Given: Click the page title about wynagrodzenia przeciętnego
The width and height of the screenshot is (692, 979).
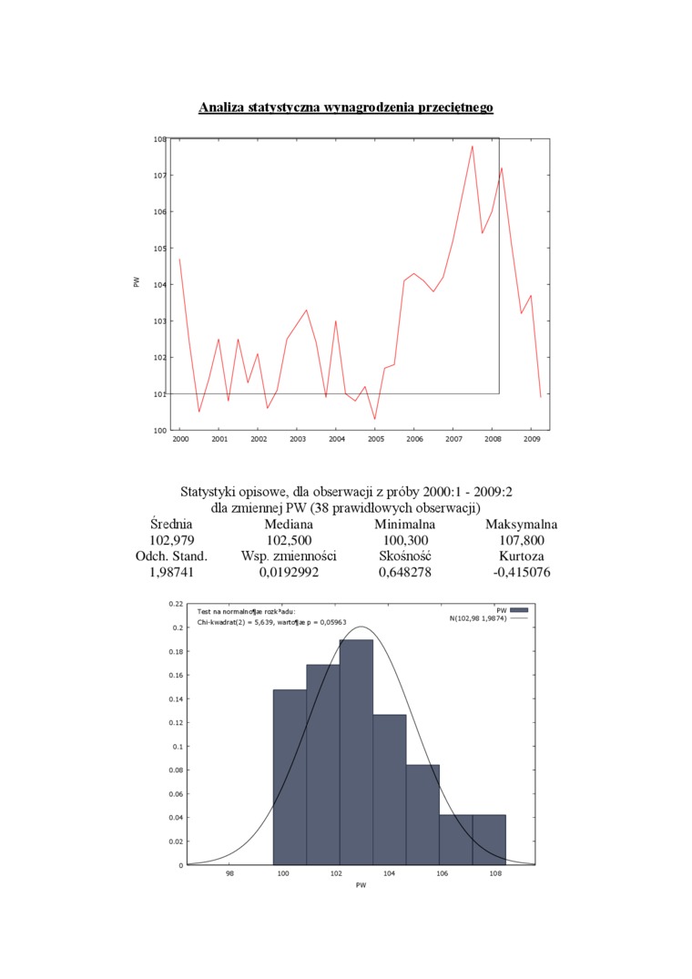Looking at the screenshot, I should point(346,107).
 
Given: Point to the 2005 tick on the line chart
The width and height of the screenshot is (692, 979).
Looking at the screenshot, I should point(375,439).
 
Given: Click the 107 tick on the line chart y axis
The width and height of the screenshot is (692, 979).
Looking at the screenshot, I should point(159,175).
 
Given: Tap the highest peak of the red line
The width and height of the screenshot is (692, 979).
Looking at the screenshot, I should point(473,146).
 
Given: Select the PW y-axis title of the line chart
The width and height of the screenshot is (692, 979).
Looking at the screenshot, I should point(137,284).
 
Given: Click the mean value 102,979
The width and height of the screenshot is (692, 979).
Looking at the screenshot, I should point(171,540).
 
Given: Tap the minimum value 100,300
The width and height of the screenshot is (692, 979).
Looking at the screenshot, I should point(404,540).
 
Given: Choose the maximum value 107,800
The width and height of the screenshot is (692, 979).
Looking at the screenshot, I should point(521,540).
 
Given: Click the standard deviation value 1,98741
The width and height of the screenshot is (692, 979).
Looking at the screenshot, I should point(171,572).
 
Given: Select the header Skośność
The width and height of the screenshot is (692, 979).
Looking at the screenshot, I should point(404,556).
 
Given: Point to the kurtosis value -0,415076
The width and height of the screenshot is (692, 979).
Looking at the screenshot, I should point(521,572).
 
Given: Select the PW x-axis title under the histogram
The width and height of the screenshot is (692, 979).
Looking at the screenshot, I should point(361,885).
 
